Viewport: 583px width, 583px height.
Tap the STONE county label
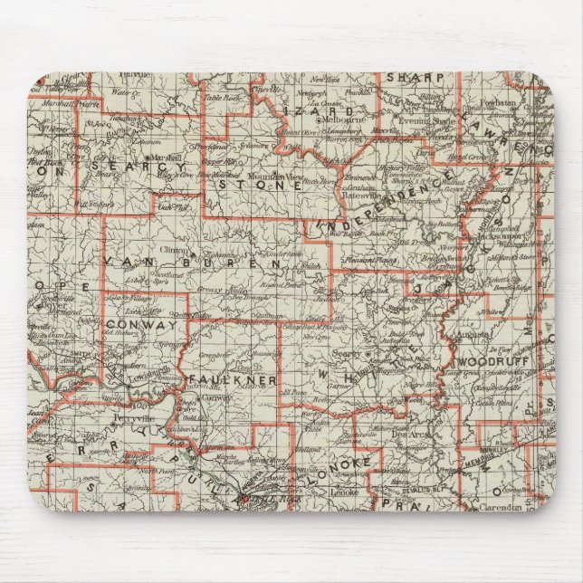coord(258,185)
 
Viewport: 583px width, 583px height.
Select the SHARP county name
coord(416,78)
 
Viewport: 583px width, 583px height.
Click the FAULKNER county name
coord(233,380)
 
